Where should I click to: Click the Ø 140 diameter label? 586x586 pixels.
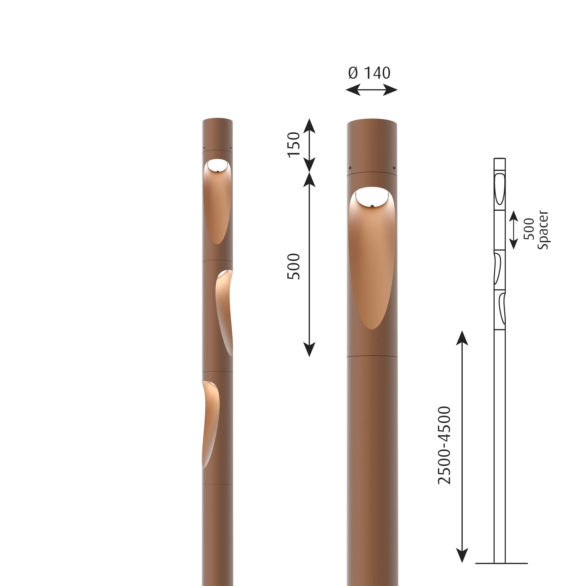(x=369, y=73)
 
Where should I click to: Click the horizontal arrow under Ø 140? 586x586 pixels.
(x=371, y=90)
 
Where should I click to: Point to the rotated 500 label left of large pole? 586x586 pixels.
(x=294, y=266)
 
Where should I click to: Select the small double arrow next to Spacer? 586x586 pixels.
(x=514, y=230)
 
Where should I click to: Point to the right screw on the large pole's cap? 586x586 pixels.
(x=394, y=167)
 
